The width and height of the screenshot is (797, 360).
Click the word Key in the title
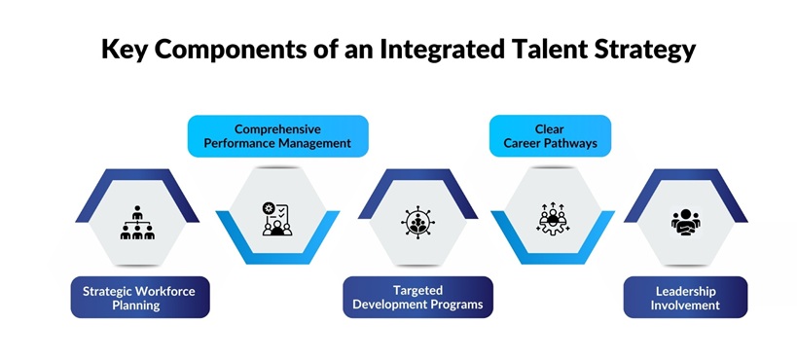pyautogui.click(x=126, y=50)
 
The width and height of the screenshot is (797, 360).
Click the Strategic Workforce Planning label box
pyautogui.click(x=140, y=297)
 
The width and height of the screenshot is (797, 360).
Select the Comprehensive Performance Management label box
pyautogui.click(x=278, y=136)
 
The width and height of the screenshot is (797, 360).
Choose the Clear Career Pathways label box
pyautogui.click(x=550, y=136)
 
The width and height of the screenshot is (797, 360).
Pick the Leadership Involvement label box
pyautogui.click(x=685, y=297)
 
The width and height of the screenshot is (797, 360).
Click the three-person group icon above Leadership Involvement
pyautogui.click(x=687, y=222)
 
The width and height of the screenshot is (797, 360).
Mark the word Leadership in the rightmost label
pyautogui.click(x=685, y=290)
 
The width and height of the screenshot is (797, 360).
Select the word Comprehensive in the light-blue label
pyautogui.click(x=277, y=128)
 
